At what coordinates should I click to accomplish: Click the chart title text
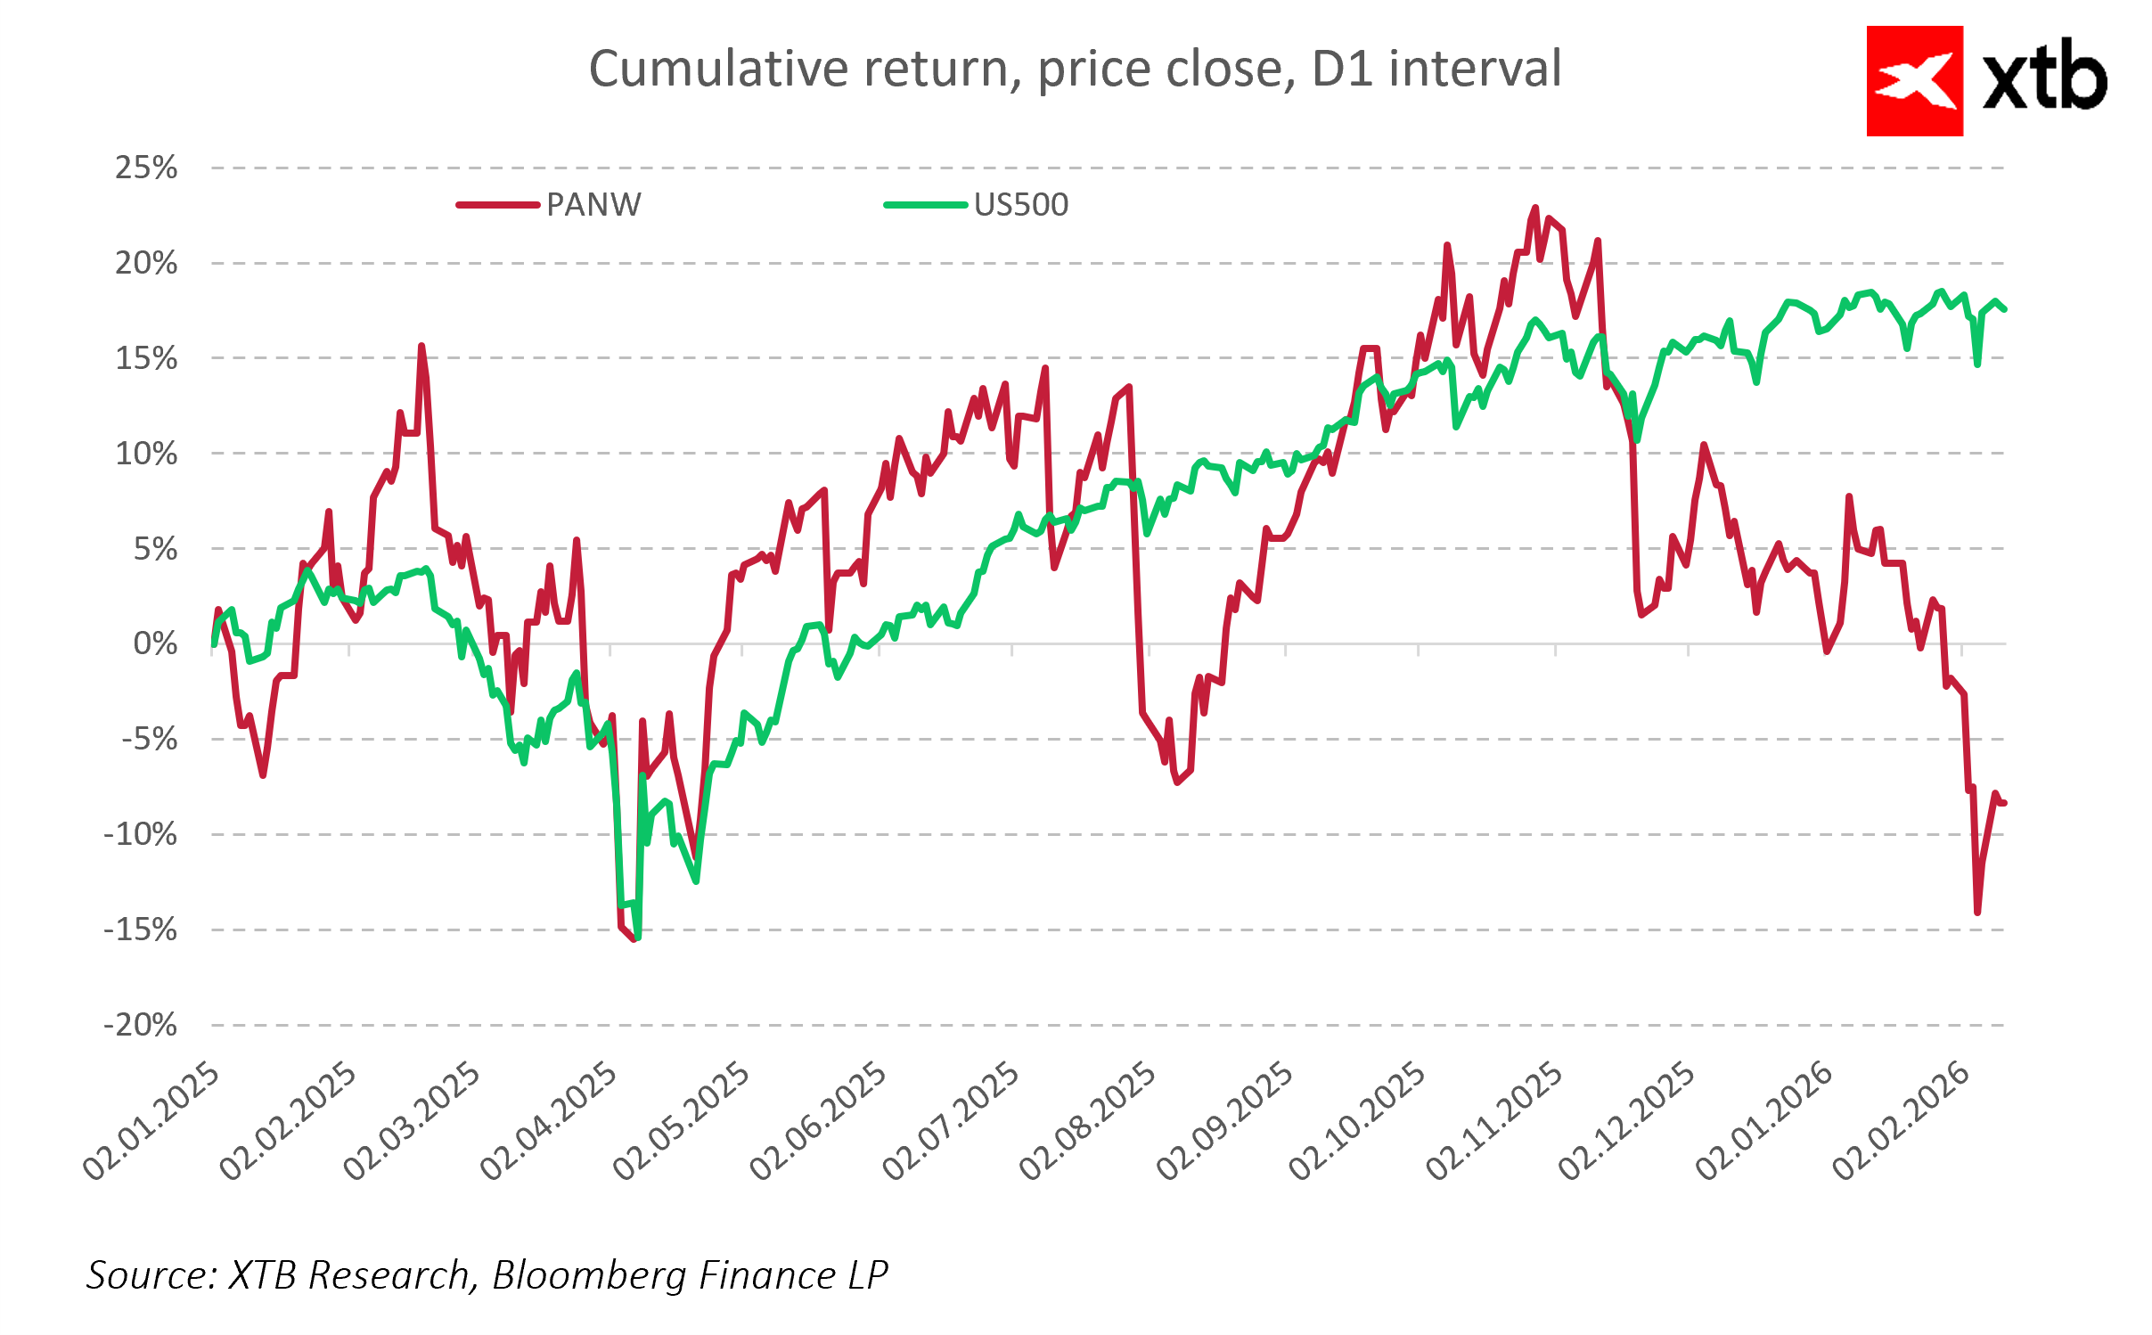[1075, 70]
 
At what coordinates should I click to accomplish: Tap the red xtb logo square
[1914, 81]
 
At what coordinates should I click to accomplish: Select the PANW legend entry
[593, 205]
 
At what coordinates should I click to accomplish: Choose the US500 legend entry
[1020, 205]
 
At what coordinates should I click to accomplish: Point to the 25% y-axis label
[146, 168]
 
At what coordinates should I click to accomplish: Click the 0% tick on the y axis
[155, 643]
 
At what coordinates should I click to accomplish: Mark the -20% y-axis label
[141, 1025]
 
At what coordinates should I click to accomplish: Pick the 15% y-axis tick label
[146, 358]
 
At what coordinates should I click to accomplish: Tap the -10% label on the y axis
[141, 835]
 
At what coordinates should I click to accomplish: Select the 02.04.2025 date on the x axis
[549, 1121]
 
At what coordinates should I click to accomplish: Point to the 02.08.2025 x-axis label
[1088, 1121]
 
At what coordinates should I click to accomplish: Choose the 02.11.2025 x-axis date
[1494, 1121]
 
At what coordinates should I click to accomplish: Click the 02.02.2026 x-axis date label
[1901, 1121]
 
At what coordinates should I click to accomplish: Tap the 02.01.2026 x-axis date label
[1764, 1121]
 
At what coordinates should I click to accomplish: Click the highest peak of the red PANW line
[1535, 208]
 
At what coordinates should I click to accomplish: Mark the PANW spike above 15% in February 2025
[421, 346]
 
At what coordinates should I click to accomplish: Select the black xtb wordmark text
[2044, 78]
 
